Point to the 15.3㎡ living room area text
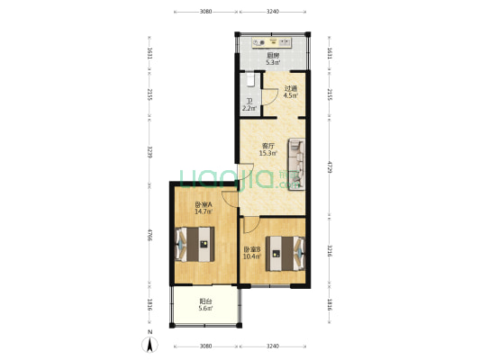click(267, 153)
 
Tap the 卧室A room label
click(203, 204)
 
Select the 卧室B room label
click(251, 249)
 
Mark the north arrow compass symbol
click(149, 343)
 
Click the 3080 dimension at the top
click(204, 13)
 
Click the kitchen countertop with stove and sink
click(272, 41)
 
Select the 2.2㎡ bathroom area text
click(249, 109)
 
